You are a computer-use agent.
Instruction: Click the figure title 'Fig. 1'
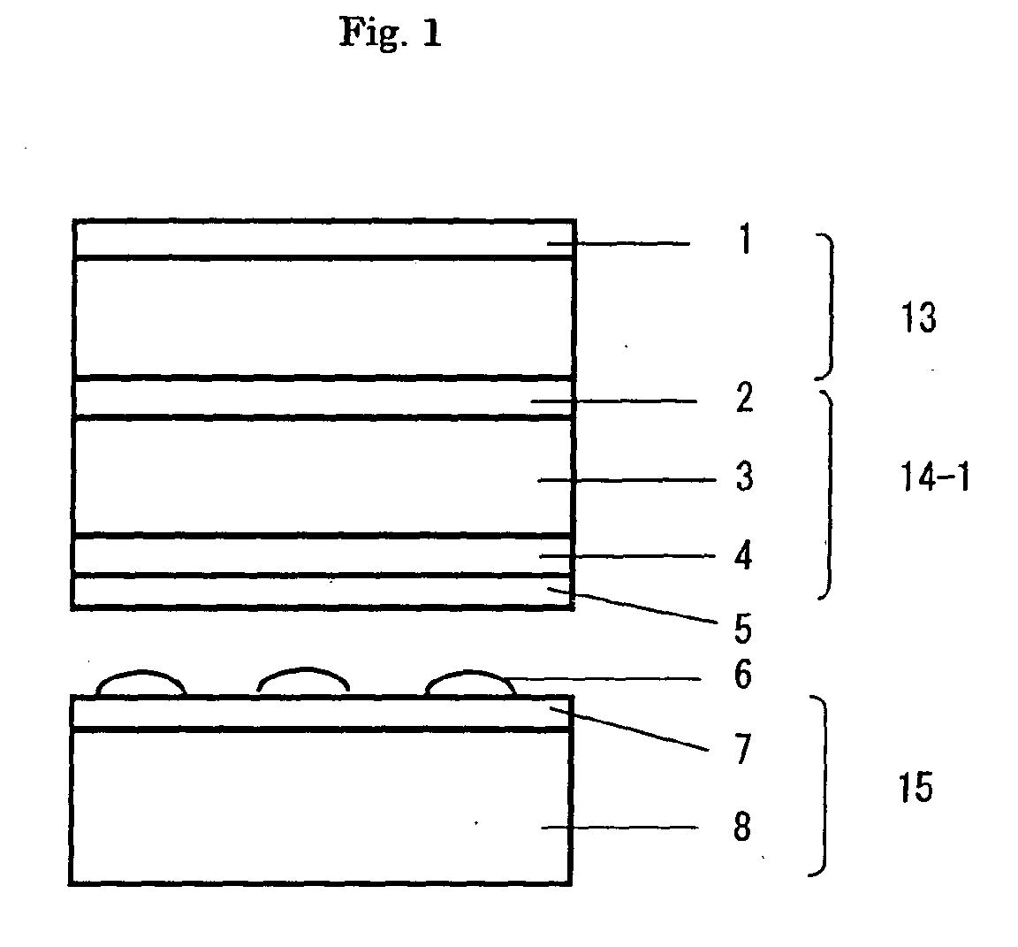click(390, 34)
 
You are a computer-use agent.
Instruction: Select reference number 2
click(745, 399)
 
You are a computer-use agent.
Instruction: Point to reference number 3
click(745, 478)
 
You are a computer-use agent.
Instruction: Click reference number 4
click(745, 557)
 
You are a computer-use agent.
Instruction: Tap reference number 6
click(743, 676)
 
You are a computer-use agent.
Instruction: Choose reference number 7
click(742, 750)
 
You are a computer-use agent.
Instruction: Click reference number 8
click(742, 829)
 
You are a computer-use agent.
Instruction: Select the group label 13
click(919, 317)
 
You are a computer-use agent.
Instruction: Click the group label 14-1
click(931, 479)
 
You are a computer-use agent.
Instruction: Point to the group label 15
click(916, 786)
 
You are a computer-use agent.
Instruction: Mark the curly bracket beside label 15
click(824, 786)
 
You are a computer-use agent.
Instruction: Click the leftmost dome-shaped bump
click(141, 684)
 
